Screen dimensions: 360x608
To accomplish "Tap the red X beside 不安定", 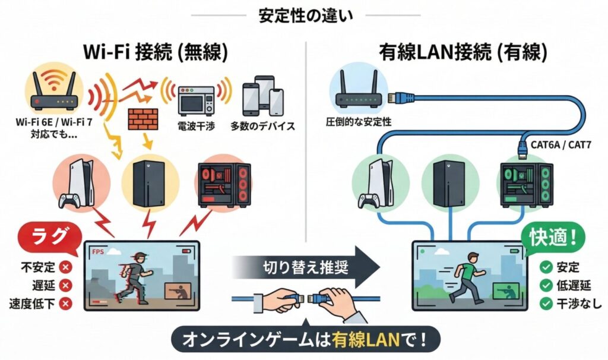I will pyautogui.click(x=66, y=267).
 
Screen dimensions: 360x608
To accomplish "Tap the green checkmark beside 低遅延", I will pyautogui.click(x=546, y=286).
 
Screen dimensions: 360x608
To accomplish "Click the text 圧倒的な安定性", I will pyautogui.click(x=358, y=122).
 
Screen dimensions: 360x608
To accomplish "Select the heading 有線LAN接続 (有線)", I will pyautogui.click(x=463, y=52).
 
